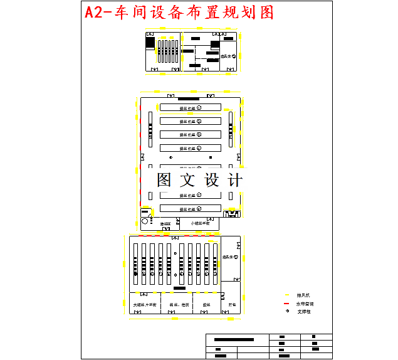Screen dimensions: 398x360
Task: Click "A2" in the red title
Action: coord(97,12)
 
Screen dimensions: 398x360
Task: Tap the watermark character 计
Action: coord(235,180)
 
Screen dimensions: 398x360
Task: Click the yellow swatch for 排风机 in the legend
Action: coord(287,295)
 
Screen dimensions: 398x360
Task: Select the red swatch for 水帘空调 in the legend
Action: coord(287,303)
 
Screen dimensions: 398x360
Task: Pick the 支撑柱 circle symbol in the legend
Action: coord(287,311)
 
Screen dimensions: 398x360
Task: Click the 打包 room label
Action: coord(231,305)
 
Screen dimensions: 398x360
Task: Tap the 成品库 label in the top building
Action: coord(226,56)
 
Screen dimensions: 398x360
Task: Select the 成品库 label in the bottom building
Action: coord(228,257)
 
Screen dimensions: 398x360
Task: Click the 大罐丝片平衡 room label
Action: coord(144,305)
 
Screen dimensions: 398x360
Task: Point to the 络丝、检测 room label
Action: coord(178,305)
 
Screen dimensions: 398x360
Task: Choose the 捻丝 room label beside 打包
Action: coord(206,305)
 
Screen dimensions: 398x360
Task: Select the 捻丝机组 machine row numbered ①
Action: coord(190,107)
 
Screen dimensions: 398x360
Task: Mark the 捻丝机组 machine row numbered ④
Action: coord(190,148)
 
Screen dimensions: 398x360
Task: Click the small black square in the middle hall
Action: coord(211,157)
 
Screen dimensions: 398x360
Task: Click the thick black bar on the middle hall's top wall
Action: coord(189,98)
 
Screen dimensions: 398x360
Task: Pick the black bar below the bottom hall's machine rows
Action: coord(180,288)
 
